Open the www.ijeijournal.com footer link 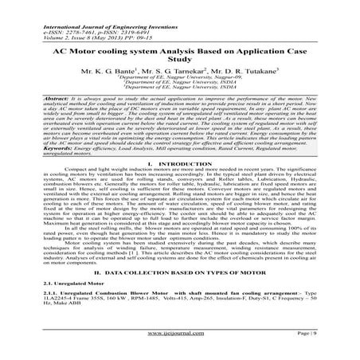click(179, 348)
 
